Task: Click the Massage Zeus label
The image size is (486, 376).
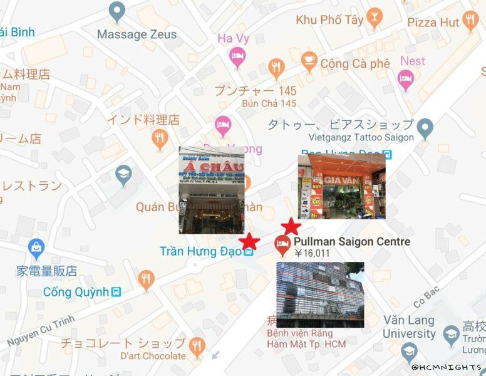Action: [x=137, y=34]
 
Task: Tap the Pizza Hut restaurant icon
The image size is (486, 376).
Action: [x=470, y=22]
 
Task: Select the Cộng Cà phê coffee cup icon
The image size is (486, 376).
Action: [x=309, y=61]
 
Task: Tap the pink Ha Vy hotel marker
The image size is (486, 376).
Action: [x=237, y=57]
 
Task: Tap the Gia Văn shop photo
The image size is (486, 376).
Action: [x=341, y=186]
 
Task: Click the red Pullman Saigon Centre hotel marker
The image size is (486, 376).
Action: [x=282, y=244]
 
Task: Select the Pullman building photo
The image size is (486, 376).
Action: [x=320, y=295]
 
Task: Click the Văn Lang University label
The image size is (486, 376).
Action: [x=409, y=326]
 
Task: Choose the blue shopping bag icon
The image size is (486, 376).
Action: [x=36, y=249]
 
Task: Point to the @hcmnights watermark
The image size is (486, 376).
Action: [x=447, y=367]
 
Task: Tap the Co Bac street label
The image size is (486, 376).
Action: [x=425, y=300]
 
